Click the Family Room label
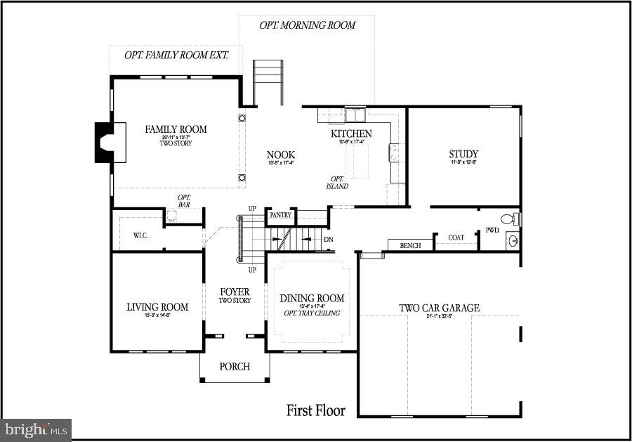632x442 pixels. click(176, 129)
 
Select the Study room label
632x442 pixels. click(463, 155)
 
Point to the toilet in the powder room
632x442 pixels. click(511, 218)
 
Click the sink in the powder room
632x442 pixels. click(513, 241)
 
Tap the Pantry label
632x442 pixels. click(280, 215)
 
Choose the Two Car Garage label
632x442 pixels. click(439, 308)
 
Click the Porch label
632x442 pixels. click(235, 367)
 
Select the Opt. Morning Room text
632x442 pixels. click(308, 25)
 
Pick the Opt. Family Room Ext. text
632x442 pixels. click(176, 55)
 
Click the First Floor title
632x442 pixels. click(315, 410)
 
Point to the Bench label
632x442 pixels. click(410, 246)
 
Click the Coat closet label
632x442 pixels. click(456, 238)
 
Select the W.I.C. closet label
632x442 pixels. click(140, 236)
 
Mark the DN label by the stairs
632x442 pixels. click(328, 240)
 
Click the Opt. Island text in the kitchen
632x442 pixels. click(337, 182)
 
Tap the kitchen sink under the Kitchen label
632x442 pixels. click(355, 115)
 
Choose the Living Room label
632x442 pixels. click(157, 307)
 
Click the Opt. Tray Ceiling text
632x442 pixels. click(312, 313)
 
